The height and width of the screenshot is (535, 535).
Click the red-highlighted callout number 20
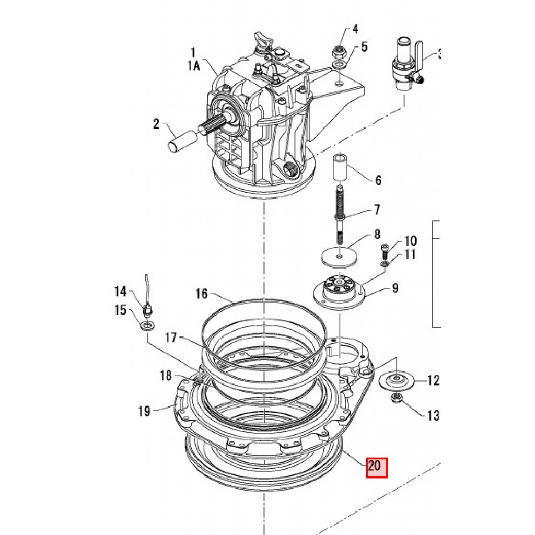pos(377,467)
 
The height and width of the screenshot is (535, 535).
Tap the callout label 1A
pos(193,65)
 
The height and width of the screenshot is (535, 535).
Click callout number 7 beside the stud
pos(377,209)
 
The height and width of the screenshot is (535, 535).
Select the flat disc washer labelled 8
pos(339,255)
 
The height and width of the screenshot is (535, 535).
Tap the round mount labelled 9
pos(339,290)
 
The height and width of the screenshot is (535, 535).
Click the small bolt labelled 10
pos(384,252)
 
